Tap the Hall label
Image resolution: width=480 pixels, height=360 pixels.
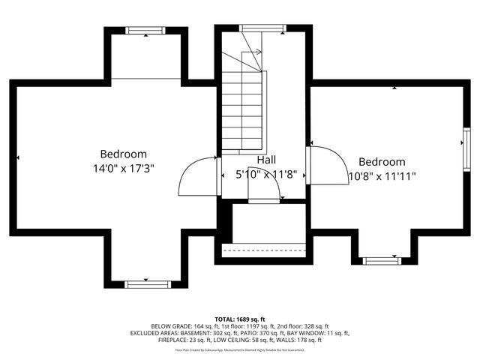[x=266, y=160]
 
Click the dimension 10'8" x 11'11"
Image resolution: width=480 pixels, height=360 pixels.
[x=382, y=176]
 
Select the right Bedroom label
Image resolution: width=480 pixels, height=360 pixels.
[x=382, y=161]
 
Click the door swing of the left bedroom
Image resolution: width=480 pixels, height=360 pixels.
[x=197, y=175]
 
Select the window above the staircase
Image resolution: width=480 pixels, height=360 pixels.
[x=262, y=28]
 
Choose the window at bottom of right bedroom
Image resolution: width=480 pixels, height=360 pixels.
[x=382, y=261]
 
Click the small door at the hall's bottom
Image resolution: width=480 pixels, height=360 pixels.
[x=264, y=200]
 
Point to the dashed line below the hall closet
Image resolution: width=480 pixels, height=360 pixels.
[x=265, y=245]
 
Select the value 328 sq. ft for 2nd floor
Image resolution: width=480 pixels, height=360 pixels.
[x=313, y=326]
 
